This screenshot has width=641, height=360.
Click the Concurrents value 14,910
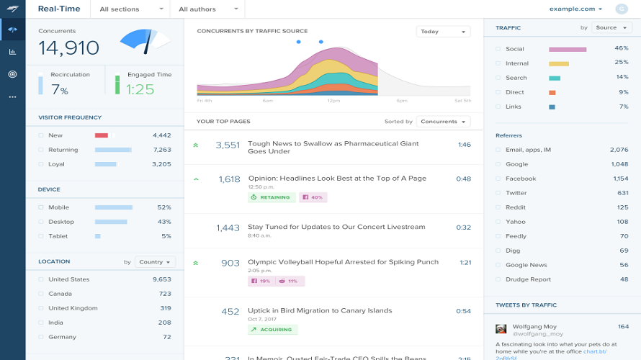point(68,48)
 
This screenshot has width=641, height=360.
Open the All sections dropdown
point(130,9)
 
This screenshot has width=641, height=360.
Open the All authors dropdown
point(207,9)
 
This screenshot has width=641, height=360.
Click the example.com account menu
point(576,9)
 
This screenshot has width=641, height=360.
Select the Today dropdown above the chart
point(443,32)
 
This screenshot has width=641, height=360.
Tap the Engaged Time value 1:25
point(140,90)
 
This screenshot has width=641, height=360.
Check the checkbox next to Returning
point(41,150)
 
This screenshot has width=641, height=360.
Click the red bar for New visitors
point(102,135)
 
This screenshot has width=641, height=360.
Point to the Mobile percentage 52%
point(163,207)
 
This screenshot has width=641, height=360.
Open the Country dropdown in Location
point(155,262)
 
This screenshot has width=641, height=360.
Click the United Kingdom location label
point(73,308)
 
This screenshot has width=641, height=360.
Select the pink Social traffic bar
point(568,49)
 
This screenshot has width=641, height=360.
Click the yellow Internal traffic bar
point(559,63)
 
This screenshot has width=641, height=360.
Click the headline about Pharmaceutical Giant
point(333,148)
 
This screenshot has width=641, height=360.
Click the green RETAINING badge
point(271,197)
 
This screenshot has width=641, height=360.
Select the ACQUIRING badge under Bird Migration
point(272,330)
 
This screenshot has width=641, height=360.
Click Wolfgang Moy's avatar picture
point(501,328)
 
